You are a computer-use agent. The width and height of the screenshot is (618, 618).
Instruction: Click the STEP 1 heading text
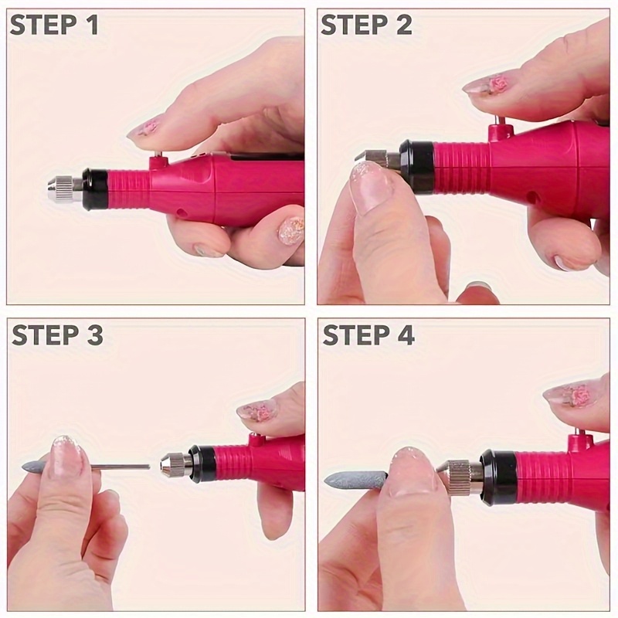[54, 25]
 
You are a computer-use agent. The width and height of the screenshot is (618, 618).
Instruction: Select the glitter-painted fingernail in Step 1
[290, 229]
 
